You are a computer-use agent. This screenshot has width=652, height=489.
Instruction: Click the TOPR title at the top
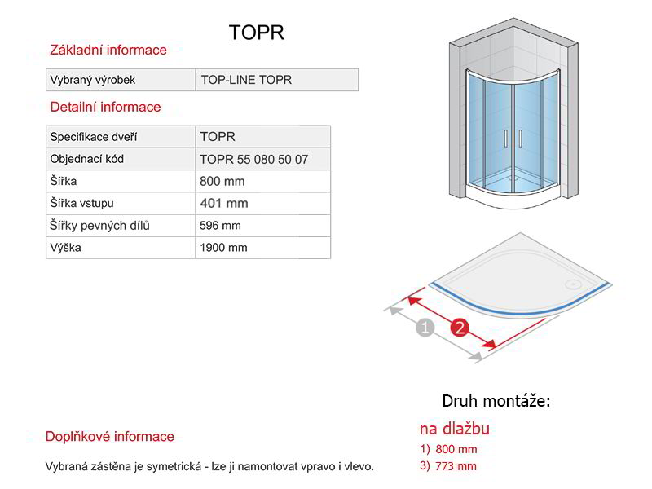coord(257,32)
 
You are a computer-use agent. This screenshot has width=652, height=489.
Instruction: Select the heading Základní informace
coord(108,50)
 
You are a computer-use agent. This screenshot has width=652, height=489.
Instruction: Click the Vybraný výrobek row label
coord(92,80)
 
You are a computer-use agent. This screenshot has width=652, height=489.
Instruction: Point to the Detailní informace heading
coord(105,107)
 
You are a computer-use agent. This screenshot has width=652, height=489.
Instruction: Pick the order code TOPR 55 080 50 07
coord(253,159)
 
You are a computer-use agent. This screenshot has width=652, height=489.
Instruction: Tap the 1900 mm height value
coord(223,248)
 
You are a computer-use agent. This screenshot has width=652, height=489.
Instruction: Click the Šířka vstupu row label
coord(82,203)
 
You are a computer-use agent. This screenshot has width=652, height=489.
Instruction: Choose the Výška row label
coord(65,248)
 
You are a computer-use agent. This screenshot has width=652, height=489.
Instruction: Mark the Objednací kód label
coord(87,159)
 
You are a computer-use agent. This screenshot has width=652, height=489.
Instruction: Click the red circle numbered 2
coord(460,328)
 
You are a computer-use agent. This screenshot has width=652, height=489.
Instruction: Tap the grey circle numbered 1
coord(425,328)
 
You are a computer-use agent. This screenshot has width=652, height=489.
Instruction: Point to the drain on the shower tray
coord(574,284)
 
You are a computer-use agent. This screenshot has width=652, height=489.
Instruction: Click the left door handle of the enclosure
coord(505,139)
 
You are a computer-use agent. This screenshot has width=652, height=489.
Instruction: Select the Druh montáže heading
coord(496,401)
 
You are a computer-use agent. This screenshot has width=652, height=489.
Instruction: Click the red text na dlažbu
coord(455,429)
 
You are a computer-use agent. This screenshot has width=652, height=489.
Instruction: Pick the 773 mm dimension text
coord(456,466)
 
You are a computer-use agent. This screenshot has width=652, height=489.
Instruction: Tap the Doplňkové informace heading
coord(110,436)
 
